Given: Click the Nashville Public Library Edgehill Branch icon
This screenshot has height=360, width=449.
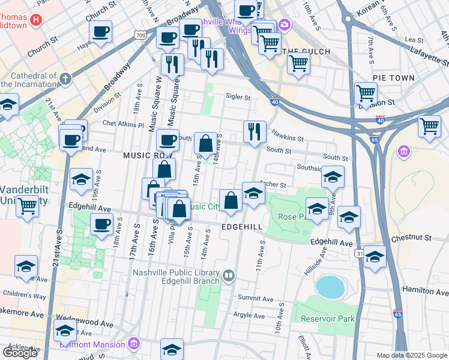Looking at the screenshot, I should pyautogui.click(x=229, y=276).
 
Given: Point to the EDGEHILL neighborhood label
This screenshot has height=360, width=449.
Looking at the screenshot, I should pyautogui.click(x=242, y=227).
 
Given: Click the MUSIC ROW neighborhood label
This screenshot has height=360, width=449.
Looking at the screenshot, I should pyautogui.click(x=143, y=155).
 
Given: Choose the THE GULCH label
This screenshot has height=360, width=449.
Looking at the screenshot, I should pyautogui.click(x=306, y=52).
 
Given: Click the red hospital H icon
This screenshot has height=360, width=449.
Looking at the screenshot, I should pyautogui.click(x=36, y=20).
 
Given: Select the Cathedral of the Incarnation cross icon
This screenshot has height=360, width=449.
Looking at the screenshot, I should pyautogui.click(x=65, y=79).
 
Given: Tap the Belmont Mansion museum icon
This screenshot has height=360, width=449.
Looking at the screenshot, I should pyautogui.click(x=134, y=344).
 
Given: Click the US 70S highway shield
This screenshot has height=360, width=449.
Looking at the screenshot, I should pyautogui.click(x=140, y=35).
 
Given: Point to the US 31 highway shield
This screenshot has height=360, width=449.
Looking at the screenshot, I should pyautogui.click(x=358, y=254).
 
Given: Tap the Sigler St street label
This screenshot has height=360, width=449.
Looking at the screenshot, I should pyautogui.click(x=238, y=96).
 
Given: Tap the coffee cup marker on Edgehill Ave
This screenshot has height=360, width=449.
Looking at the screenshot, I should pyautogui.click(x=101, y=224).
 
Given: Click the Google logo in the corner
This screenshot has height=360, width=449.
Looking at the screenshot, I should pyautogui.click(x=20, y=353).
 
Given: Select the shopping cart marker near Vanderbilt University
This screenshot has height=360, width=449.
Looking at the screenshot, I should pyautogui.click(x=27, y=206).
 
